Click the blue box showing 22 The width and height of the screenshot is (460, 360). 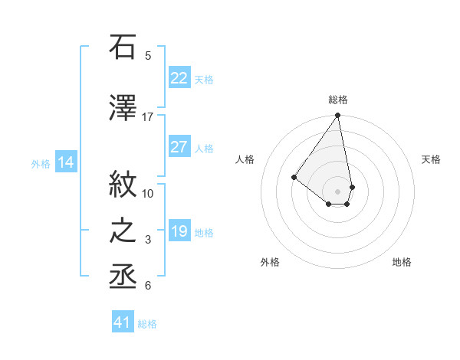tap(179, 78)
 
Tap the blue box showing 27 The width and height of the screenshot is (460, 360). tap(179, 147)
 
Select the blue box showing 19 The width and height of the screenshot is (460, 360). tap(179, 231)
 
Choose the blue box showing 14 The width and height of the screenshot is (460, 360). tap(66, 162)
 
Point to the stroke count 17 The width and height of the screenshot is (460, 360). tap(148, 117)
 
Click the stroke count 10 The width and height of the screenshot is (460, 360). tap(148, 193)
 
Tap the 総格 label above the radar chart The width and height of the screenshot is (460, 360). tap(338, 100)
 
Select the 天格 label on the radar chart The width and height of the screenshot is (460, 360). tap(431, 159)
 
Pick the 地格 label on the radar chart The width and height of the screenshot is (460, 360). tap(402, 263)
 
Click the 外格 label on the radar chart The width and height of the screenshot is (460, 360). tap(270, 263)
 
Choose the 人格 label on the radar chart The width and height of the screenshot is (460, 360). tap(245, 159)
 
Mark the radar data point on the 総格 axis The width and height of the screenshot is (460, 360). tap(337, 116)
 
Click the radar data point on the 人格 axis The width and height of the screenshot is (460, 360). tap(294, 177)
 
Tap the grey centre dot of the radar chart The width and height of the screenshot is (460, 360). tap(337, 191)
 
